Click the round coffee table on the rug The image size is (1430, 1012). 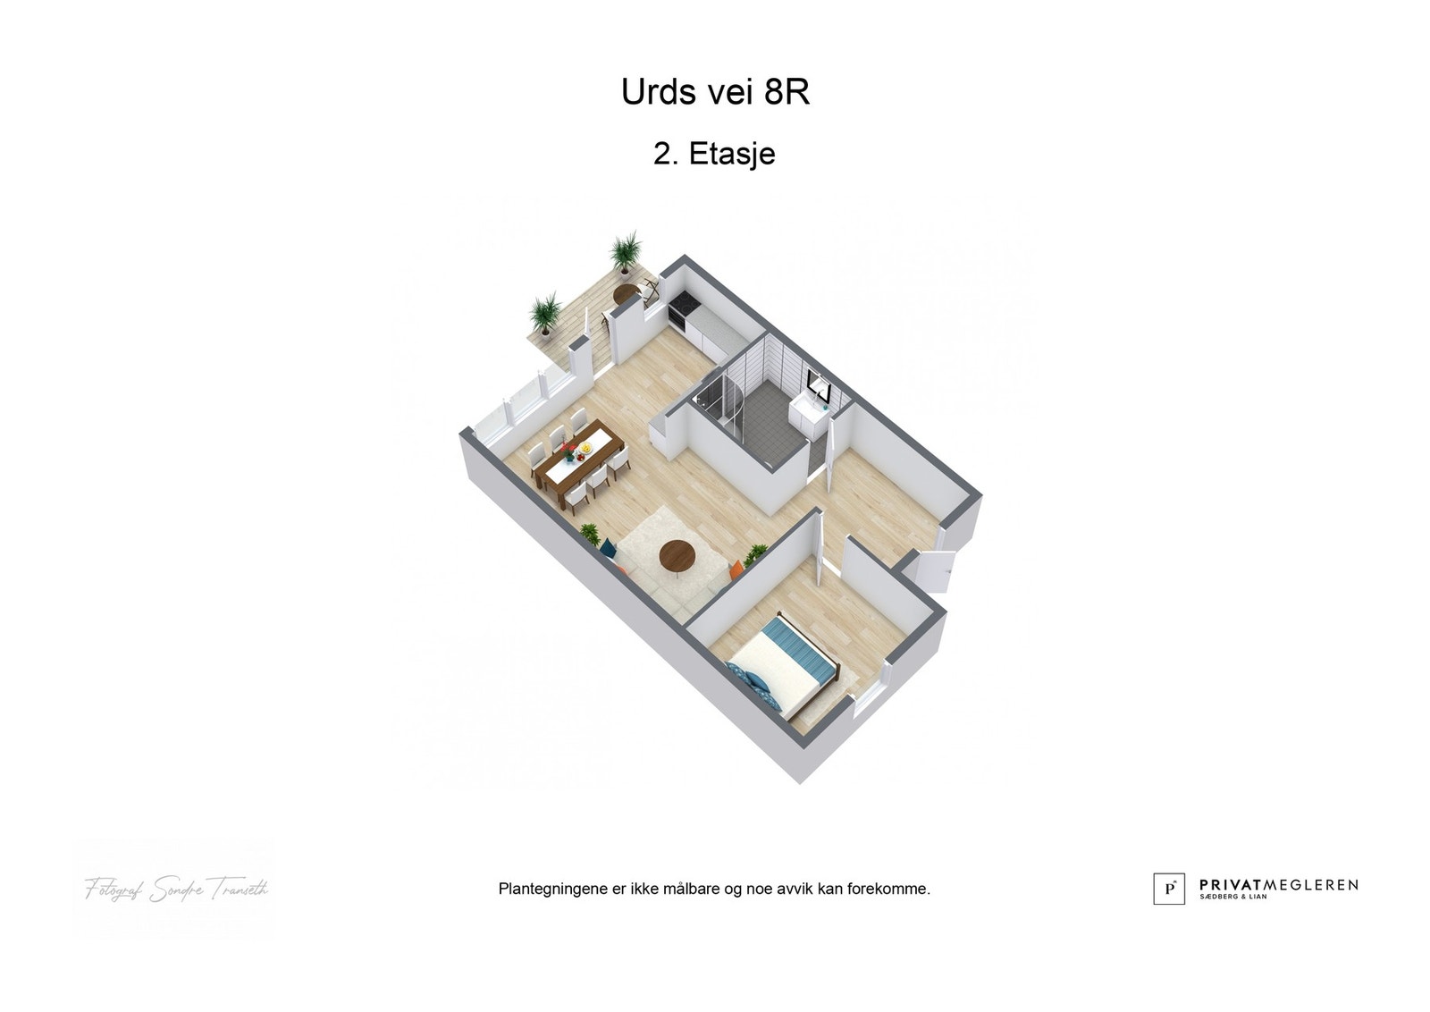677,555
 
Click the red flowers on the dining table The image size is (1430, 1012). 569,451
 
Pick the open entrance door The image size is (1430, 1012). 934,569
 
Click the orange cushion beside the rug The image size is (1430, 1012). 738,567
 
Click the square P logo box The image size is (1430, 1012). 1169,888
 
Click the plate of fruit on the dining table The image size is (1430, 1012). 585,444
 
